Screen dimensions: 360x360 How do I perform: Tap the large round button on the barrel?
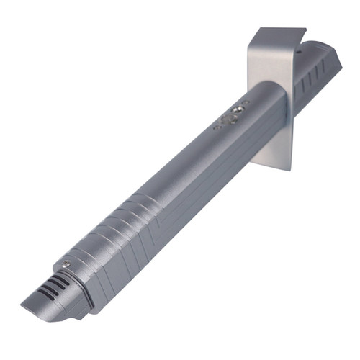(232, 114)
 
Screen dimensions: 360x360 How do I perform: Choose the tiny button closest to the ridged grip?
(217, 127)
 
